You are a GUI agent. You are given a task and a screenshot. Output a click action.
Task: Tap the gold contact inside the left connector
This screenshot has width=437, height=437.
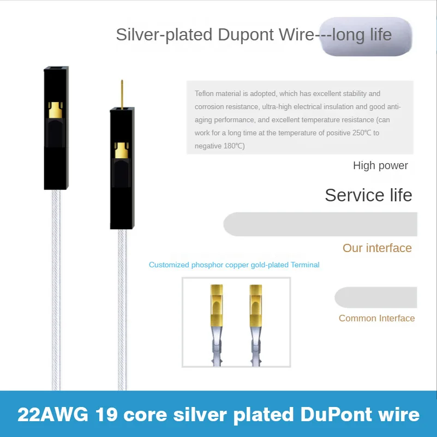55,110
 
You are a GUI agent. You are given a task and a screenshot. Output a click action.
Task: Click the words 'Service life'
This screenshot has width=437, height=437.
368,195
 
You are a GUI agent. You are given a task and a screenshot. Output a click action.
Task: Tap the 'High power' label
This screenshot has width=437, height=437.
380,165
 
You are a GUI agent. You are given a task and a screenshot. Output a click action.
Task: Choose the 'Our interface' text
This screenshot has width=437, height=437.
377,248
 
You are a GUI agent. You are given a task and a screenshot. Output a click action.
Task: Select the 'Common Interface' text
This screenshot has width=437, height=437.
376,318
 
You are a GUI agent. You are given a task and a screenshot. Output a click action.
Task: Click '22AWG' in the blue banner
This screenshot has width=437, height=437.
49,415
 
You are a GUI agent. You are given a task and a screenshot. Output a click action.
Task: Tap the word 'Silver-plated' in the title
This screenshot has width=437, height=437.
164,35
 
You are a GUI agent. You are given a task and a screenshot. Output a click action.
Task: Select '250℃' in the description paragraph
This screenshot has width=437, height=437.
363,133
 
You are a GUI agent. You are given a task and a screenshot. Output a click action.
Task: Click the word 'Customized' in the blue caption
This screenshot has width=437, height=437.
170,265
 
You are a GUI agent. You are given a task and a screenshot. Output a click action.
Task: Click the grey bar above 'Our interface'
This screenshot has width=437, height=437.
322,224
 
